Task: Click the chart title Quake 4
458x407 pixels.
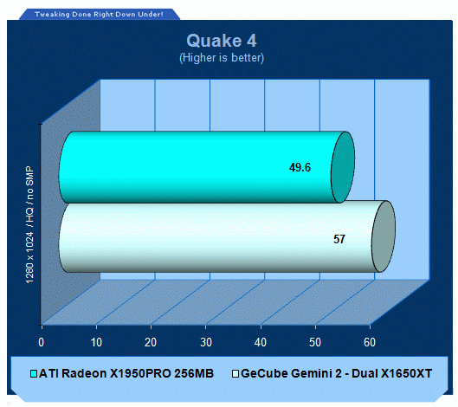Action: (x=222, y=41)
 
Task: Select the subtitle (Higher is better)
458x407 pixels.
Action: (x=222, y=58)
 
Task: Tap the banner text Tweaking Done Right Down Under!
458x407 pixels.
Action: (x=99, y=15)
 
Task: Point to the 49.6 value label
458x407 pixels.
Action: (x=300, y=167)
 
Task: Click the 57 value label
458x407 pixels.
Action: (x=339, y=239)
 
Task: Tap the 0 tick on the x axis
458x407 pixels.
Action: (x=42, y=342)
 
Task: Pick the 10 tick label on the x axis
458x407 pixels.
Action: (x=96, y=342)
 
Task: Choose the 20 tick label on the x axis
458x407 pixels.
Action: (x=151, y=342)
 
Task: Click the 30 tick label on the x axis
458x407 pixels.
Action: (x=206, y=342)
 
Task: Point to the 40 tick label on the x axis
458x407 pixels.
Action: (x=261, y=342)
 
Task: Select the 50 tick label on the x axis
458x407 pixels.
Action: (x=315, y=342)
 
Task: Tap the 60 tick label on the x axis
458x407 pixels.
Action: (x=370, y=342)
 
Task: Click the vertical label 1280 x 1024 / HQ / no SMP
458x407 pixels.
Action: (x=29, y=224)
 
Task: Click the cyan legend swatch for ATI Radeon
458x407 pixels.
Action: (x=34, y=374)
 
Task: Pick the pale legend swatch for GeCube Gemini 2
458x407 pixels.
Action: (x=235, y=374)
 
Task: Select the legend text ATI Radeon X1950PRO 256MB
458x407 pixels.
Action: (x=126, y=374)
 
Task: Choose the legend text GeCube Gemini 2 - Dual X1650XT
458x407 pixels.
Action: (x=337, y=374)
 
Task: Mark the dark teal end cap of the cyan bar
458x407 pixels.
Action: (x=343, y=167)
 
